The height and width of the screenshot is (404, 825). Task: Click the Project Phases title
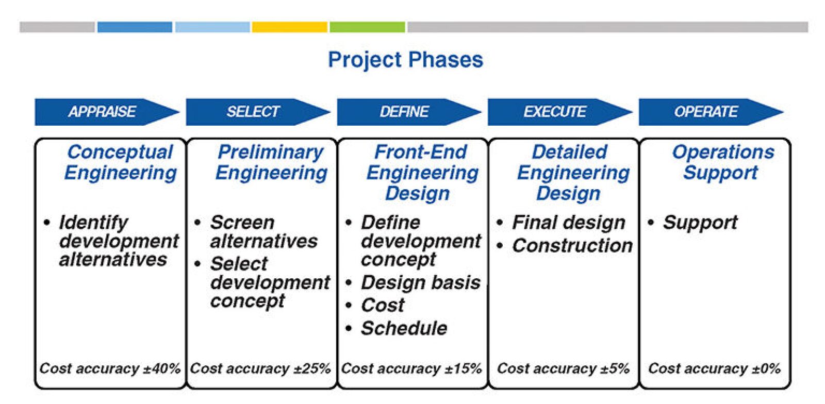pos(405,60)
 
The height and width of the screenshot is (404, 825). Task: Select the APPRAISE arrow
pos(107,112)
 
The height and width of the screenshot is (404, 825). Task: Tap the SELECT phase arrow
pos(258,112)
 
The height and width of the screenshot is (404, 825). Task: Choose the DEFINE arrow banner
pos(409,112)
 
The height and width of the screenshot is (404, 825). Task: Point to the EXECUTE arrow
pos(560,112)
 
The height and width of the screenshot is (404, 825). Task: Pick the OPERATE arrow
pos(711,112)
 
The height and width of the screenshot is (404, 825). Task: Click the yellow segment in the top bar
pos(289,27)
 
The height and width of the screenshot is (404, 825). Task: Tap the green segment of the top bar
pos(367,27)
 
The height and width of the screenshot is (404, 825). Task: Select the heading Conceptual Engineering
pos(121,162)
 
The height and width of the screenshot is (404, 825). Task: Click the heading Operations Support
pos(722,162)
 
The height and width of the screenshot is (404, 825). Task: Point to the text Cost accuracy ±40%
pos(110,368)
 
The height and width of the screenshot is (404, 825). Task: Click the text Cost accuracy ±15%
pos(411,368)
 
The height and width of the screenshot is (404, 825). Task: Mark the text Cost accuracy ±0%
pos(714,368)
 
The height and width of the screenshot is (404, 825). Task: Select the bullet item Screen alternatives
pos(263,232)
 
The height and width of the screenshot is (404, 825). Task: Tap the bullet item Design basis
pos(421,282)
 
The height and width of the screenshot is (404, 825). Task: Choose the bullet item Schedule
pos(404,328)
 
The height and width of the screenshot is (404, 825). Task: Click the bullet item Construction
pos(572,245)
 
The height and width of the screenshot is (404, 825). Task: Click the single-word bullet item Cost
pos(383,305)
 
